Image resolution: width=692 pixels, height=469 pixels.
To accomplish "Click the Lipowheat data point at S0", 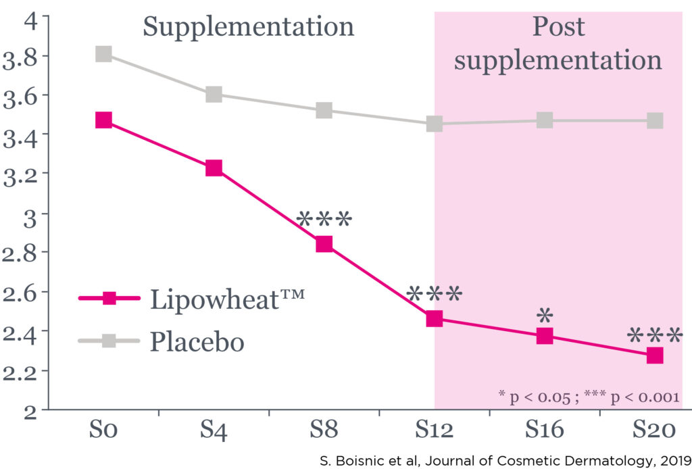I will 103,120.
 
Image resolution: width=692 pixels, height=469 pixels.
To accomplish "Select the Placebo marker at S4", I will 214,95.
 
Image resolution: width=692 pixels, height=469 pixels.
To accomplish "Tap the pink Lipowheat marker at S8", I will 324,244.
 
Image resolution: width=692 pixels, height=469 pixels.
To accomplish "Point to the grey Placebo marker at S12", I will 434,124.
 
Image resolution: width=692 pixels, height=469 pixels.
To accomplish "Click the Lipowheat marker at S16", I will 545,336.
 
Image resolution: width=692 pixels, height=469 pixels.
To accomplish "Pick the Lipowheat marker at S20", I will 655,355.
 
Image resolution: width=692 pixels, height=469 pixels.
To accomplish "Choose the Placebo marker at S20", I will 655,121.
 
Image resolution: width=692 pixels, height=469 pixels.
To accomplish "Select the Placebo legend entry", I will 197,341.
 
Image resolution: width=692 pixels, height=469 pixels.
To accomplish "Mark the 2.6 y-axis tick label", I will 22,292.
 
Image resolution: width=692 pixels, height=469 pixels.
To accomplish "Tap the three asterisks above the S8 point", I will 324,220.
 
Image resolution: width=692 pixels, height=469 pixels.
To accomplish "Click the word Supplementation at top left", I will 248,27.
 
